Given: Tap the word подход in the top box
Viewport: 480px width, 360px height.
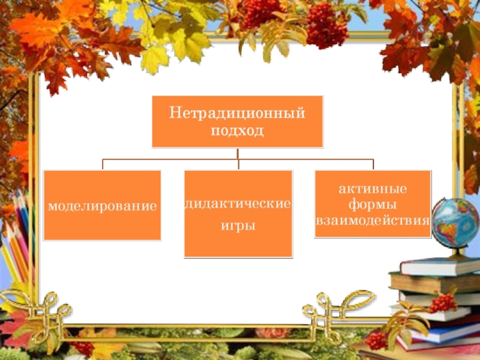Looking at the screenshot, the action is (x=237, y=130).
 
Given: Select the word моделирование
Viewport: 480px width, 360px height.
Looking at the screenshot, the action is (x=102, y=206).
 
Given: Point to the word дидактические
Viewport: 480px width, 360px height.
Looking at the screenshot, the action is (x=238, y=205).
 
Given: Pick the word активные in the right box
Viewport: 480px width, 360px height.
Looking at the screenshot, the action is (x=373, y=189).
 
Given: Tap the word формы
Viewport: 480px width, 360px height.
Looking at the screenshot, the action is (x=373, y=205).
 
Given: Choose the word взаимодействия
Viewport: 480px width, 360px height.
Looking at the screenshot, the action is (x=373, y=220).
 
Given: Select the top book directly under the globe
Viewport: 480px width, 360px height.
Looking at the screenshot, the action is (x=438, y=266).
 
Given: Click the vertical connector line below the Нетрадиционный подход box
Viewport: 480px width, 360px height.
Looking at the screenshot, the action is (x=238, y=153).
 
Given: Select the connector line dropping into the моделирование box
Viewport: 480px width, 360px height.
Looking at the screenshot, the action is (x=103, y=164).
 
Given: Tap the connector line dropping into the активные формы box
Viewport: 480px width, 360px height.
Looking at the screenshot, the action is (x=373, y=164).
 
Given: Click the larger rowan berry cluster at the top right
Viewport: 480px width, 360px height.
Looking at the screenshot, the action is (x=327, y=27).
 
